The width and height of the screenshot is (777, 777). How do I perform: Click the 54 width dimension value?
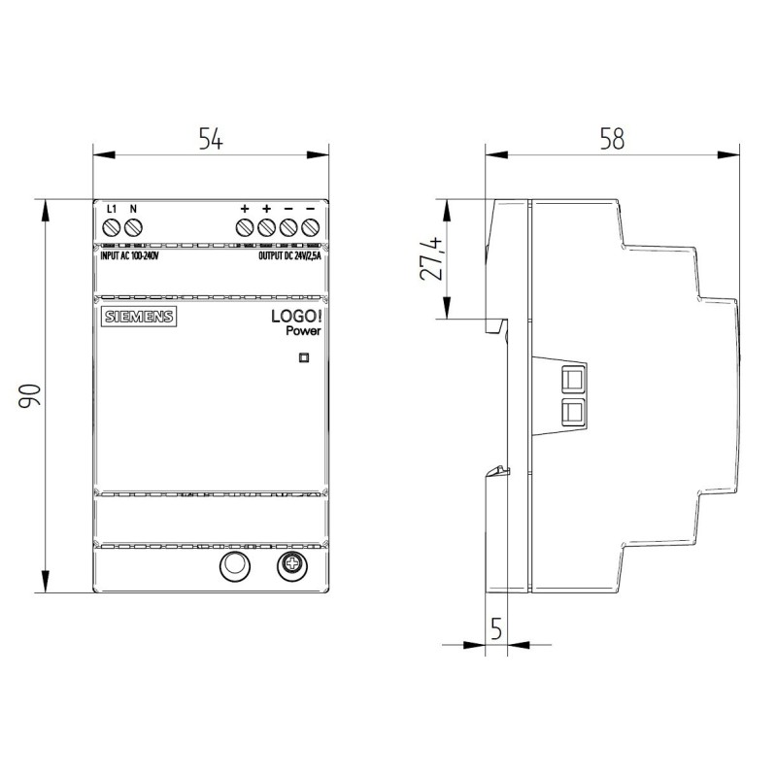[211, 139]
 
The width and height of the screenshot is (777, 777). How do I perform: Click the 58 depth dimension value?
[612, 139]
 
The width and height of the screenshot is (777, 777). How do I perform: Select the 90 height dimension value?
[29, 395]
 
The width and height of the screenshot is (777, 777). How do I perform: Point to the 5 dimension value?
[496, 628]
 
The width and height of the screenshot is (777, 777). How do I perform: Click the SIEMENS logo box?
[139, 317]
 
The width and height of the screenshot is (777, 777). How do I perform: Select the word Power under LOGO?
[303, 331]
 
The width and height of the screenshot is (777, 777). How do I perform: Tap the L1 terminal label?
[112, 209]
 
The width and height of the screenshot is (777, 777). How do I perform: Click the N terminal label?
[133, 209]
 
